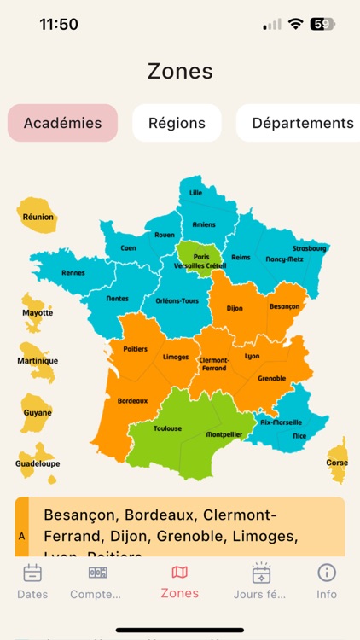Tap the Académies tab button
click(x=62, y=123)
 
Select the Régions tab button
click(x=177, y=123)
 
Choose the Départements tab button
click(x=302, y=123)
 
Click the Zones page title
click(x=180, y=71)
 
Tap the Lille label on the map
click(x=196, y=193)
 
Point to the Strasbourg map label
click(x=310, y=248)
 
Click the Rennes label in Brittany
click(x=73, y=273)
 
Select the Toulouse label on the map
click(x=167, y=428)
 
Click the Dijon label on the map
click(x=236, y=308)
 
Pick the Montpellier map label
click(x=224, y=434)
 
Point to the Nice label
click(x=299, y=435)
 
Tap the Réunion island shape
click(x=37, y=213)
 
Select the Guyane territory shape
click(x=37, y=410)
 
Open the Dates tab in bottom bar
click(x=32, y=581)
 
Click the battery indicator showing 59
click(x=322, y=25)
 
